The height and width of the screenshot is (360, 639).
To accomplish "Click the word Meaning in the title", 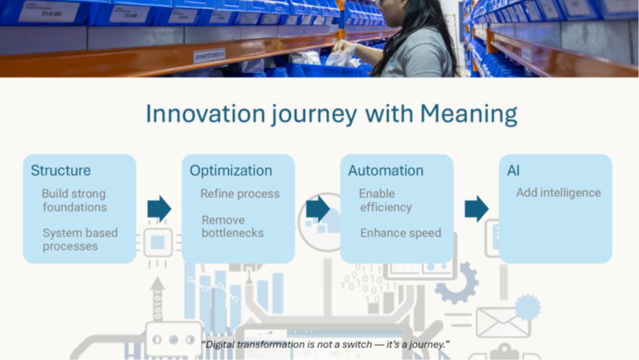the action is coord(468,114).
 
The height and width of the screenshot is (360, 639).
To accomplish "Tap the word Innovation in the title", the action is coord(206,113).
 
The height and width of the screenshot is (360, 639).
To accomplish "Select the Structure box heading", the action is coord(61,171).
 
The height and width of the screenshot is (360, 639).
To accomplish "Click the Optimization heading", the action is coord(230,171).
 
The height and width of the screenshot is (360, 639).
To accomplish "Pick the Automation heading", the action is coord(386,171).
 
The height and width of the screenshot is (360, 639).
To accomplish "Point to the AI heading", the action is coord(513,171).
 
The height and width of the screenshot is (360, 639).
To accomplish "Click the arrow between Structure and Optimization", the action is coord(160,208).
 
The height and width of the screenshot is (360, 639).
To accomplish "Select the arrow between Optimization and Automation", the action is coord(318,208).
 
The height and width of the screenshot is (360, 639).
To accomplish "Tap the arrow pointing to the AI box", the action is coord(476,208).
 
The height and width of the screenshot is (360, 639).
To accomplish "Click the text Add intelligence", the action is coord(558,192).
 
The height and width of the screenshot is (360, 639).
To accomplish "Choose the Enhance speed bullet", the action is coord(400,233).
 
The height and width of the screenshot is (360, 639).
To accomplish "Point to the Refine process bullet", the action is coord(240,194).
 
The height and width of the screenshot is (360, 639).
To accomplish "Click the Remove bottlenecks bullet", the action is coord(233,226).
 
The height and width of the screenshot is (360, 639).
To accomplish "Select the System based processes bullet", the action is coord(80,240).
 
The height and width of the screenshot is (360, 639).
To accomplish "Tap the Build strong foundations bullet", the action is coord(74,200).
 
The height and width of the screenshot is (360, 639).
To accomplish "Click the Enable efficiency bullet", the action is coord(386,200).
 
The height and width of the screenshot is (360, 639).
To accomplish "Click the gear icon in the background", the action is coord(457,282).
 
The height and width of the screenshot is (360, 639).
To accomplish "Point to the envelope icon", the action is coord(503,322).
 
